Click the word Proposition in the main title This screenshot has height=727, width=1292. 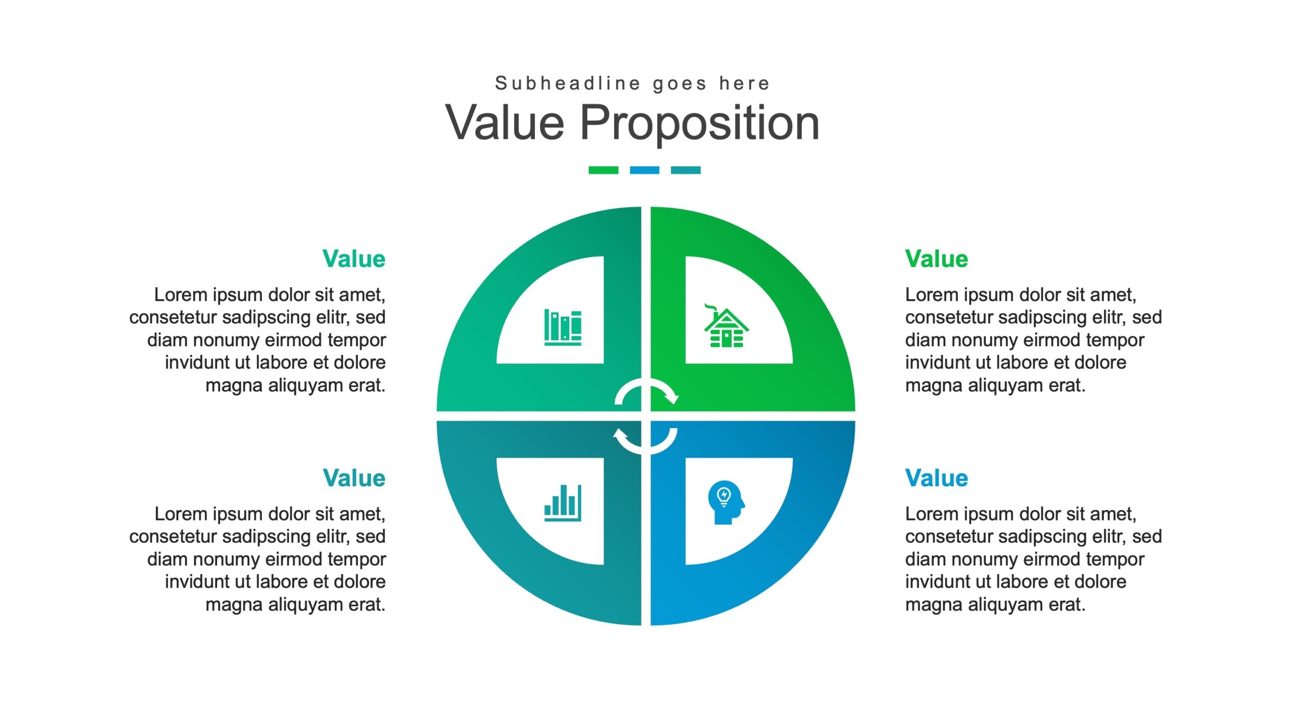699,123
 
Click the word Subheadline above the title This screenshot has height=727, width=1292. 568,83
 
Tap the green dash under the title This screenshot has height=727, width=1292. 603,170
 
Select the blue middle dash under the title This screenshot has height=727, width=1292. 644,170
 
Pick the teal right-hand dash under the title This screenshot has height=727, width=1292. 685,170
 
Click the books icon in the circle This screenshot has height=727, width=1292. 563,327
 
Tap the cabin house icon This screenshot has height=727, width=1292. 726,326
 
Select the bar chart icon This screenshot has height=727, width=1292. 563,503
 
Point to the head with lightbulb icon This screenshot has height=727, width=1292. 726,502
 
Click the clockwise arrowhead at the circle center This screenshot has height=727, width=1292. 672,398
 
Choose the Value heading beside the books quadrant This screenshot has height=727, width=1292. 354,258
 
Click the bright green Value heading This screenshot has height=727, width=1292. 936,258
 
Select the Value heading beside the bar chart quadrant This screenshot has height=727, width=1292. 354,478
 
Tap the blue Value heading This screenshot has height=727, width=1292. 936,478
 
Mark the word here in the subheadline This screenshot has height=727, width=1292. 744,83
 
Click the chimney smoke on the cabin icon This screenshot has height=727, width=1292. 710,307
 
